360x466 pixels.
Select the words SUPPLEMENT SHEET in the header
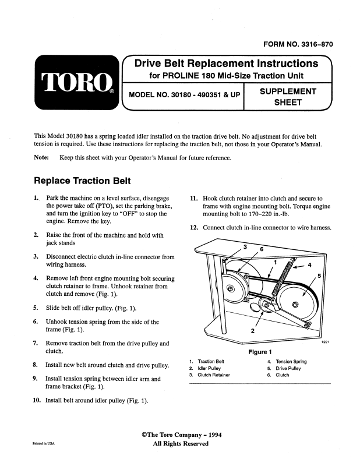pos(288,97)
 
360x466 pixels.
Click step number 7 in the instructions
pos(36,344)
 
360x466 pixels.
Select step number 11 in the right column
pos(195,198)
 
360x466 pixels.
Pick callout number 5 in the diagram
pos(319,275)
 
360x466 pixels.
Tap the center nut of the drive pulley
pos(295,305)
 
